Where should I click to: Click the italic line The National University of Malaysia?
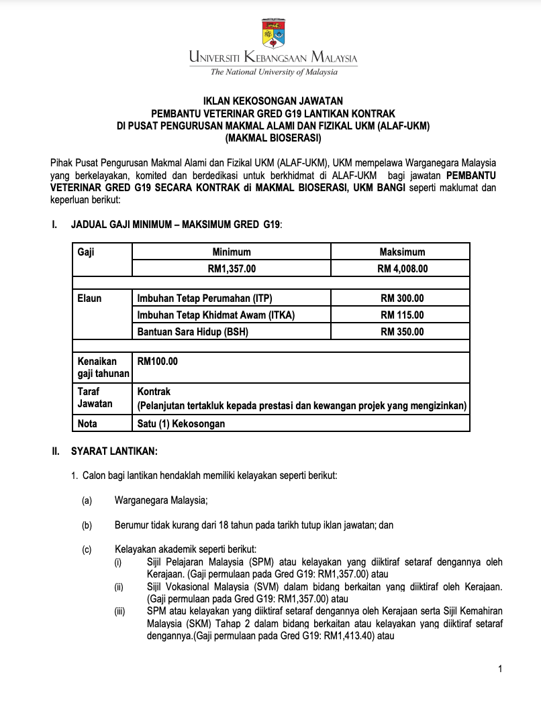[273, 72]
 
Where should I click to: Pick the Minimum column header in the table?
[232, 252]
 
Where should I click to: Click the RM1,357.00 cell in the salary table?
[232, 268]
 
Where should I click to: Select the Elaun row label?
[90, 298]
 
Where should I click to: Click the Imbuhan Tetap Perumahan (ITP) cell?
[205, 298]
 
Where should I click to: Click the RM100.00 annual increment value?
[158, 361]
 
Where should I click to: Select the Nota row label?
[88, 423]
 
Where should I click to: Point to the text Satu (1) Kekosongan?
[181, 423]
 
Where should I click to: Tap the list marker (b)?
[87, 525]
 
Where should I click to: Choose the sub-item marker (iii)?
[119, 611]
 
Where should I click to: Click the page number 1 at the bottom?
[500, 668]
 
